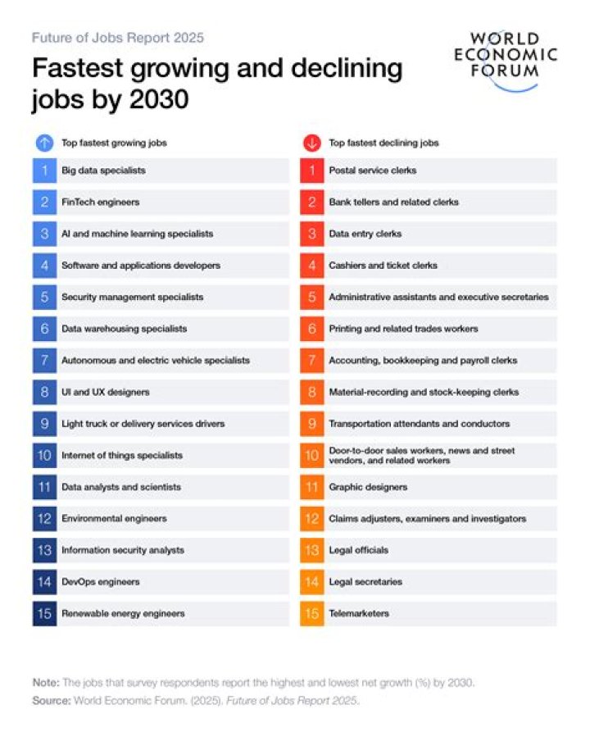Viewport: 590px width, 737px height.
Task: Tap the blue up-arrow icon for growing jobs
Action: click(x=44, y=143)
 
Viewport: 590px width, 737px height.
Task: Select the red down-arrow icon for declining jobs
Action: click(x=311, y=143)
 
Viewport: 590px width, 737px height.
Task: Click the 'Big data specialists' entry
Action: click(x=103, y=171)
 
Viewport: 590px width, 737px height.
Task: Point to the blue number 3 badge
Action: click(x=44, y=234)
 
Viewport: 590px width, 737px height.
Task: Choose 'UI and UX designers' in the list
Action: click(x=105, y=392)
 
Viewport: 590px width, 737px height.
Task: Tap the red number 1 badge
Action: click(x=311, y=171)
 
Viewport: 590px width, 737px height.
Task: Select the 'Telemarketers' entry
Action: click(x=358, y=613)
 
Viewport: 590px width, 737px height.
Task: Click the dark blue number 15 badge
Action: click(x=44, y=613)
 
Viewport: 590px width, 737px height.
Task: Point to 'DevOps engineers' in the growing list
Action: click(x=100, y=582)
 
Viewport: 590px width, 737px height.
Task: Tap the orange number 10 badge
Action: click(x=311, y=455)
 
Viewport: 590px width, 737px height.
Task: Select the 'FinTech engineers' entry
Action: click(x=100, y=202)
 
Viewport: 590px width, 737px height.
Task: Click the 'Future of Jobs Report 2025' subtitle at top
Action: click(x=117, y=38)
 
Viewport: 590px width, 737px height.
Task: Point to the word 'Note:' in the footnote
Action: click(x=45, y=683)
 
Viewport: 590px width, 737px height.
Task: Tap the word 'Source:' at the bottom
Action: click(x=51, y=700)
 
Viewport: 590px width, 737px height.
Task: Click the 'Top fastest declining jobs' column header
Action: click(x=383, y=143)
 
